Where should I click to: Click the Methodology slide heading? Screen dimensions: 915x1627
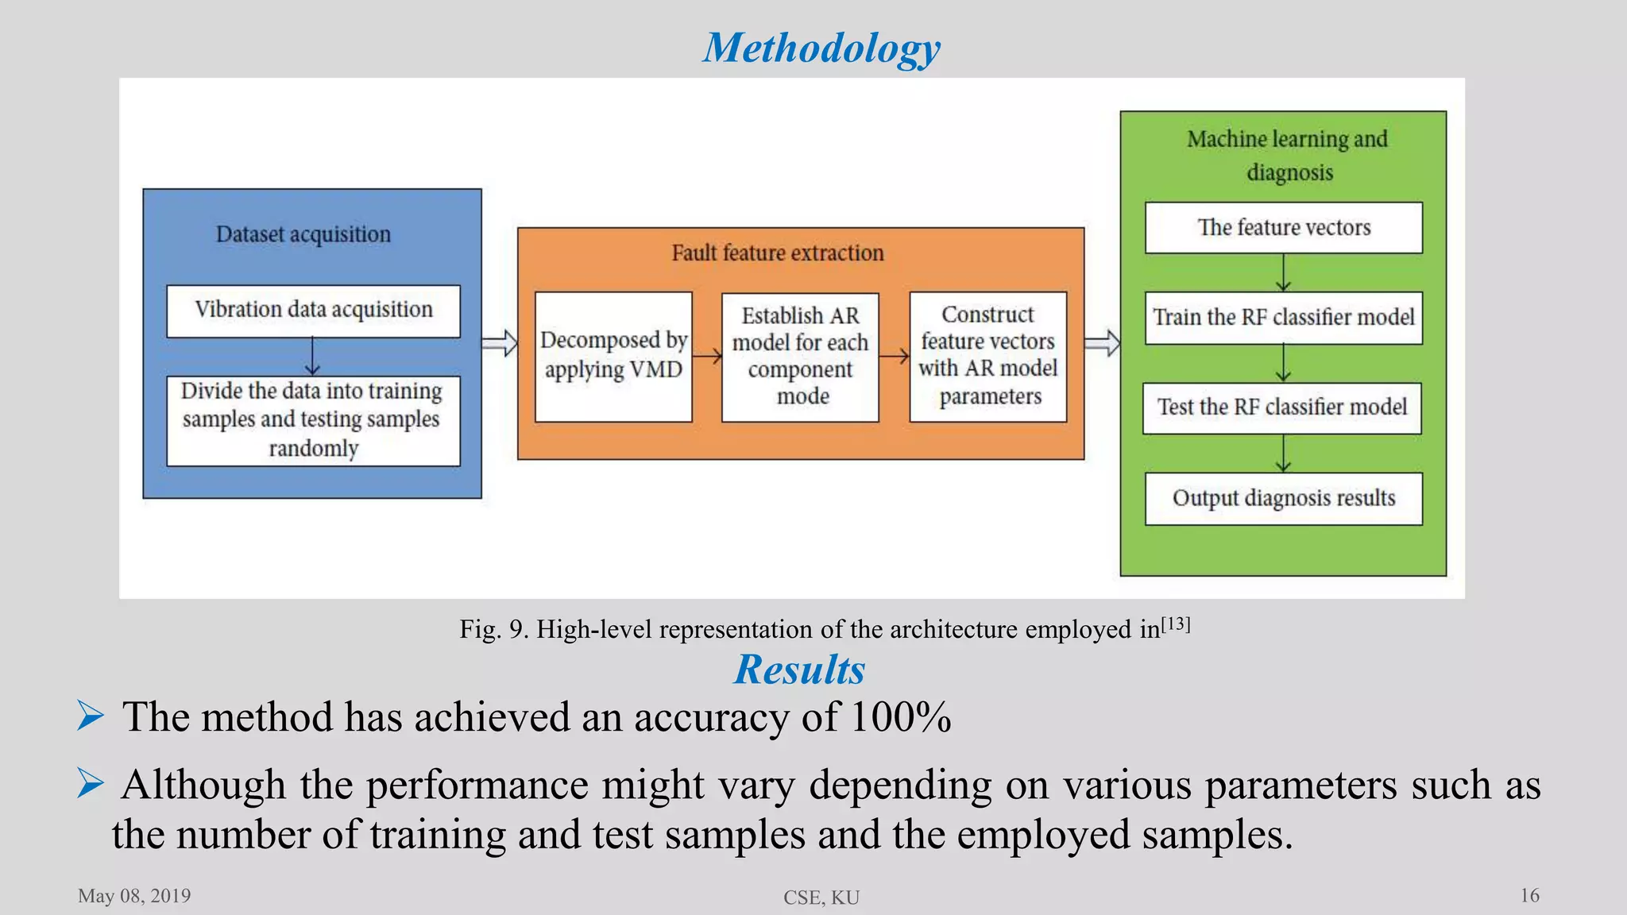[821, 48]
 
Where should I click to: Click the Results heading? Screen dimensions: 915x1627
[799, 669]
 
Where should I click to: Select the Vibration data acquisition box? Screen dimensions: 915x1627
[313, 311]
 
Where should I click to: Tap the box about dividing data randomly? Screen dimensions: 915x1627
[313, 420]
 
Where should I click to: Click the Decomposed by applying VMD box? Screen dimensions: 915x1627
[613, 356]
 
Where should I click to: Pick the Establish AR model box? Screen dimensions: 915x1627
[800, 357]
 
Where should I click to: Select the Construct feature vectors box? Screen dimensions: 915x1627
[987, 356]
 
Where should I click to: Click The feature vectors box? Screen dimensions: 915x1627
[1283, 228]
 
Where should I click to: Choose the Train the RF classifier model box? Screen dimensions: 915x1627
[1283, 318]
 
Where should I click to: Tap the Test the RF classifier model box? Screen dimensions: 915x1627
[1281, 408]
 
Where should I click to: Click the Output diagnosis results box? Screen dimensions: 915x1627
[1283, 499]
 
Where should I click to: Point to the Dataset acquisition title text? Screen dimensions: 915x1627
[303, 234]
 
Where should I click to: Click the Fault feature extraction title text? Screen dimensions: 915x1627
[777, 253]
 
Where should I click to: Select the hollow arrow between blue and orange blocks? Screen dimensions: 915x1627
[500, 344]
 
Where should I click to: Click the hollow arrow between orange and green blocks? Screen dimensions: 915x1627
[1103, 344]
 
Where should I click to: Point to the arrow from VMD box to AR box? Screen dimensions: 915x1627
[707, 357]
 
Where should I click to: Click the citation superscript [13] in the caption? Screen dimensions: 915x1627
[1176, 624]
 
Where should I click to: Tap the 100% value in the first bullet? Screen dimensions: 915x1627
[900, 717]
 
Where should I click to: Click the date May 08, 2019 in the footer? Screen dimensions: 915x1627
[134, 896]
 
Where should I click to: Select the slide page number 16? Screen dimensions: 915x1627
[1529, 896]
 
